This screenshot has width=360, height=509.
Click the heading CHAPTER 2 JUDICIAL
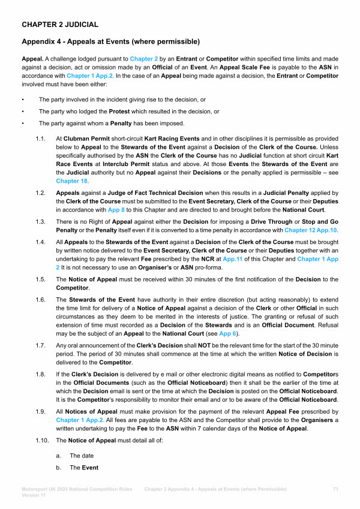tap(60, 25)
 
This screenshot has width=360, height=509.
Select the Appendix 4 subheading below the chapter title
tap(110, 41)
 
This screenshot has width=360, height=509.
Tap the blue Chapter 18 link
tap(72, 180)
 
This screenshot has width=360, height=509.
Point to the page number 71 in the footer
tap(335, 490)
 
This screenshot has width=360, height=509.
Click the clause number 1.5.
tap(41, 280)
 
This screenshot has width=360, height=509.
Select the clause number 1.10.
tap(42, 442)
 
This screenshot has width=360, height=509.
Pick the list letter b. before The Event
tap(58, 468)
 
